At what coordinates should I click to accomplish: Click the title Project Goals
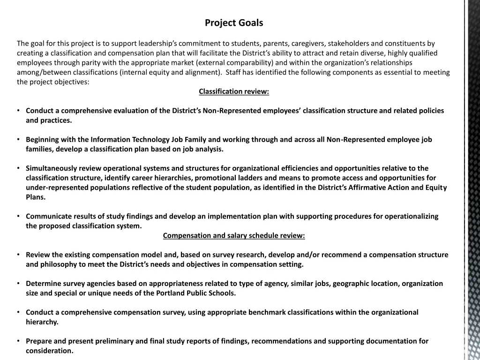pyautogui.click(x=234, y=22)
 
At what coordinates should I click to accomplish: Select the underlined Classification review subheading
pyautogui.click(x=234, y=91)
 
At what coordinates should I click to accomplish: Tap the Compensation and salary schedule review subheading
pyautogui.click(x=234, y=235)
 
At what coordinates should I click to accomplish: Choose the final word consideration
pyautogui.click(x=50, y=351)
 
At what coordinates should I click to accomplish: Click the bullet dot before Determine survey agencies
pyautogui.click(x=17, y=284)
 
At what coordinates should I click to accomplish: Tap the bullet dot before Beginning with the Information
pyautogui.click(x=17, y=140)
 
